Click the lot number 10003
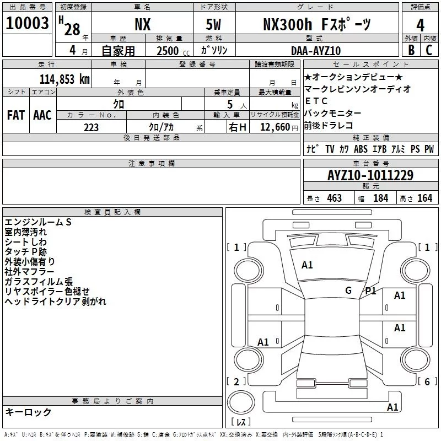tap(27, 23)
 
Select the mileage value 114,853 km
tap(64, 79)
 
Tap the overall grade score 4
tap(420, 25)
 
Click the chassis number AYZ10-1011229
tap(370, 175)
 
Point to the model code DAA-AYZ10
tap(316, 51)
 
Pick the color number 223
tap(91, 127)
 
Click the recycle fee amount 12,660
tap(275, 127)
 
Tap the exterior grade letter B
tap(411, 50)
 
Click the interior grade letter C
tap(429, 50)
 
